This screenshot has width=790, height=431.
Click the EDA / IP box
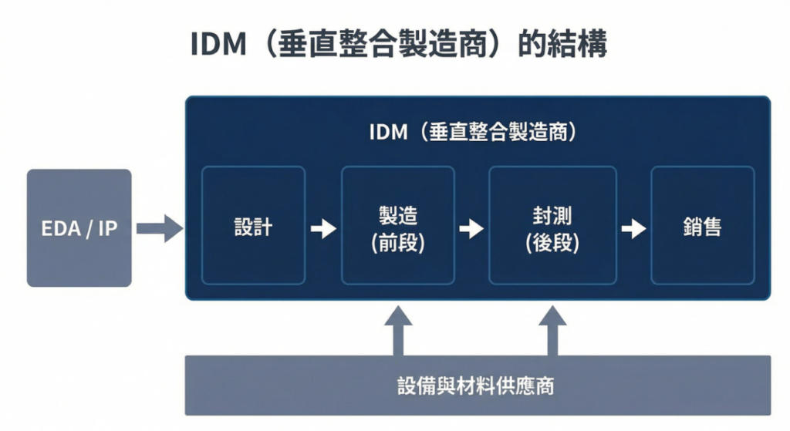tap(79, 228)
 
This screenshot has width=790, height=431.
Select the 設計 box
tap(253, 226)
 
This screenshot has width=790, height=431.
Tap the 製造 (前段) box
tap(397, 226)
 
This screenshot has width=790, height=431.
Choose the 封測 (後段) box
tap(552, 226)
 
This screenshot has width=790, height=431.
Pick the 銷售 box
tap(702, 226)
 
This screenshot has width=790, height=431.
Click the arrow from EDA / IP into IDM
tap(160, 227)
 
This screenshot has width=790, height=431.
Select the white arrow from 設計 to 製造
tap(323, 228)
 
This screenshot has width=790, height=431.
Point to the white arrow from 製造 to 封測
tap(471, 228)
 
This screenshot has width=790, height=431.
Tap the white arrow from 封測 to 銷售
tap(633, 228)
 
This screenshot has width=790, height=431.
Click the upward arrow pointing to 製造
tap(398, 330)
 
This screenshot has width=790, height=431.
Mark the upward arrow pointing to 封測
tap(552, 330)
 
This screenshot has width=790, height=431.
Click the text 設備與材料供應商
tap(476, 386)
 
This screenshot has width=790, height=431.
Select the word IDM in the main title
tap(217, 45)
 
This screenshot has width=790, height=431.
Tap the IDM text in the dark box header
tap(388, 132)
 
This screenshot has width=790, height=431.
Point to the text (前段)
tap(397, 243)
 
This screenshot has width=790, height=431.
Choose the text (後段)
tap(552, 243)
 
